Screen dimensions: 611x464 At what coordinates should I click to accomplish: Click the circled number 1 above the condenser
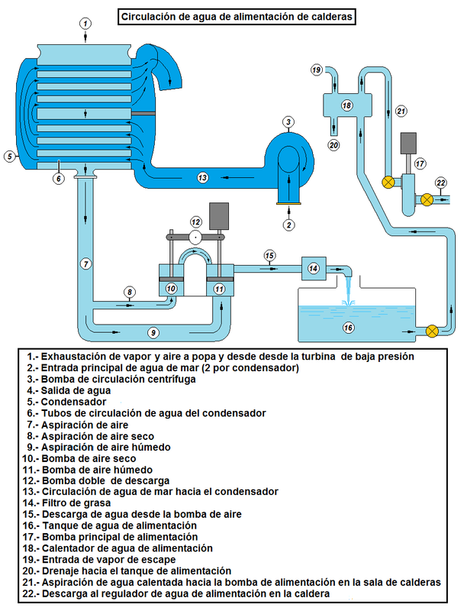[x=85, y=23]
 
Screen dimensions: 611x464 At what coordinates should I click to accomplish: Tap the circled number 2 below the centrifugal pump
[x=288, y=225]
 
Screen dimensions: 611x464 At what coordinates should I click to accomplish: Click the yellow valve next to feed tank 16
[x=433, y=331]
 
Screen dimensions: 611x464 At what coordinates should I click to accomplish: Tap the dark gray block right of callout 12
[x=219, y=215]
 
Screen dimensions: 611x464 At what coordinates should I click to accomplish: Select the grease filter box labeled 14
[x=314, y=267]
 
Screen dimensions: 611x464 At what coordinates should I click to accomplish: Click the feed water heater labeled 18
[x=346, y=105]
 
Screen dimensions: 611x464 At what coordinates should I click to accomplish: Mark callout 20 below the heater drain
[x=333, y=144]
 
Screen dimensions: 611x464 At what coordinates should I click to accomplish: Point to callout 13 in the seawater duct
[x=202, y=177]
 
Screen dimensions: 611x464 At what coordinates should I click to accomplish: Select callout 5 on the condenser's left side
[x=10, y=157]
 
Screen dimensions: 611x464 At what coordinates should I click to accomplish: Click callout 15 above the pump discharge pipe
[x=269, y=254]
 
